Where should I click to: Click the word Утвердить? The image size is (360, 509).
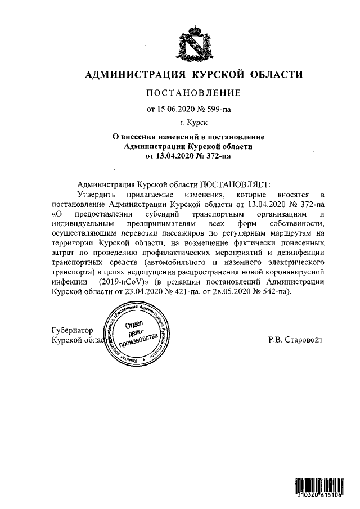[x=94, y=193]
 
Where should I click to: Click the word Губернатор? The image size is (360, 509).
[x=73, y=331]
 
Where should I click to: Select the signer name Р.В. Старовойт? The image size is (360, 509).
[x=296, y=341]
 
